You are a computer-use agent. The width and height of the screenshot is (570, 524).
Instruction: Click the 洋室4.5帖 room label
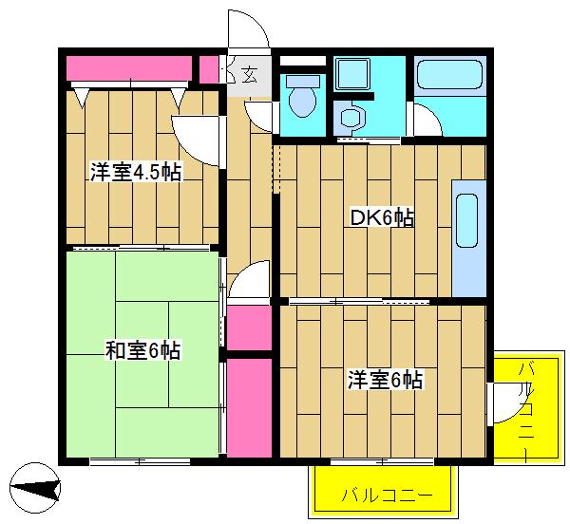136,172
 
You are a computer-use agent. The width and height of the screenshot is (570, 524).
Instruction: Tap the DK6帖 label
382,218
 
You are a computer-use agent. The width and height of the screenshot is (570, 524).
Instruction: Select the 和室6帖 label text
142,350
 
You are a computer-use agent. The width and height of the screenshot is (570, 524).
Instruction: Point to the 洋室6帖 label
385,380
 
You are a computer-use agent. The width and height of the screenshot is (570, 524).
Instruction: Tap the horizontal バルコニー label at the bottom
388,495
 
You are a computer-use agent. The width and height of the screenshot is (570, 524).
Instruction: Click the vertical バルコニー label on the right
527,406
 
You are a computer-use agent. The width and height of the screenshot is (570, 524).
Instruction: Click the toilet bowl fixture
302,97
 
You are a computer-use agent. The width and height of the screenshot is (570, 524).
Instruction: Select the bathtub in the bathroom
450,75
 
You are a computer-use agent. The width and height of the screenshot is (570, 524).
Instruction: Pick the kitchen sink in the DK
466,220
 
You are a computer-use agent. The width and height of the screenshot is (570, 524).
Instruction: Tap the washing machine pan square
352,74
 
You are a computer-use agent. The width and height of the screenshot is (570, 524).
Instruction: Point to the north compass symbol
35,488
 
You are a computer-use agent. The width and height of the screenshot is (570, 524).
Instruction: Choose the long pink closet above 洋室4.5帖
129,68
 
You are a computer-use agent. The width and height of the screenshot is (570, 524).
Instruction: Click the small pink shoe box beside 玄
209,69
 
